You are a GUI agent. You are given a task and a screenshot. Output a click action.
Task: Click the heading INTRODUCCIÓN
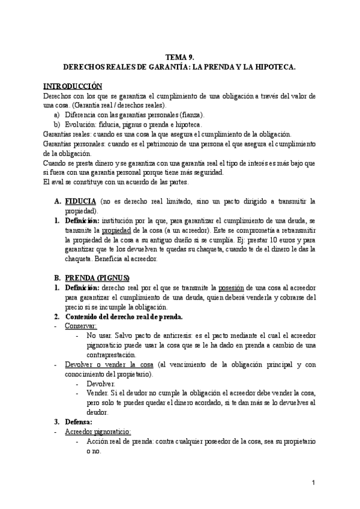click(x=73, y=86)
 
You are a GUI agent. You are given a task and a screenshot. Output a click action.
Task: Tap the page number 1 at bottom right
click(x=314, y=483)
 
